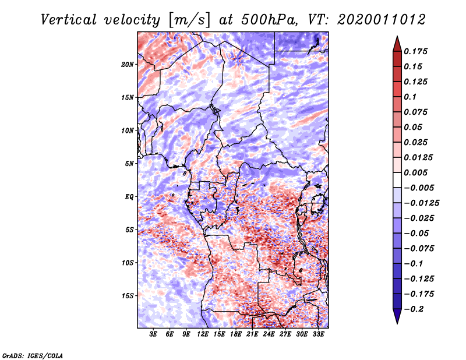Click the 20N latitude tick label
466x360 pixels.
pos(128,64)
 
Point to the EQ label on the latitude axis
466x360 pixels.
pos(129,197)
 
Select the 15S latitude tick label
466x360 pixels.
pos(128,296)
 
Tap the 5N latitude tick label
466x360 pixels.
pos(129,164)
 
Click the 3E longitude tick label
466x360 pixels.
pos(154,334)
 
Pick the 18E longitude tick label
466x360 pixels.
pos(236,334)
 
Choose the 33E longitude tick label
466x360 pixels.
pos(318,334)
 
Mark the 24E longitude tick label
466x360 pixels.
pos(269,334)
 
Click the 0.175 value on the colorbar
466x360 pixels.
pos(417,51)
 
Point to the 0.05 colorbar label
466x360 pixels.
pos(414,127)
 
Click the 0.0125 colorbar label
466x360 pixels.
pos(419,157)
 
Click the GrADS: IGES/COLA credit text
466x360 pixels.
pos(33,355)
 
